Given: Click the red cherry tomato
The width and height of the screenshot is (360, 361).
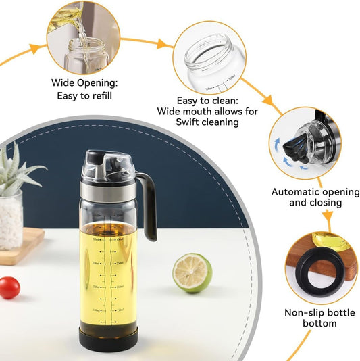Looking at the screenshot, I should click(9, 288).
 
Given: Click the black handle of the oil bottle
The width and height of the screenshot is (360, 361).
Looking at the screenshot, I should click(149, 206).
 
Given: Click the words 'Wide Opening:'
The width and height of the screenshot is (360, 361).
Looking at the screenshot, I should click(85, 83).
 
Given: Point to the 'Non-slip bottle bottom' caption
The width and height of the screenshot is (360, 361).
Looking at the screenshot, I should click(311, 318).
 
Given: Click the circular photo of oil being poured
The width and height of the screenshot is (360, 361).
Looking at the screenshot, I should click(84, 38).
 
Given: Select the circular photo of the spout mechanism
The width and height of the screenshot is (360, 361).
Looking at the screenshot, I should click(303, 142).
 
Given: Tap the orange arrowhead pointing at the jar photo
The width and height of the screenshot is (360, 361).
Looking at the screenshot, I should click(163, 44).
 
